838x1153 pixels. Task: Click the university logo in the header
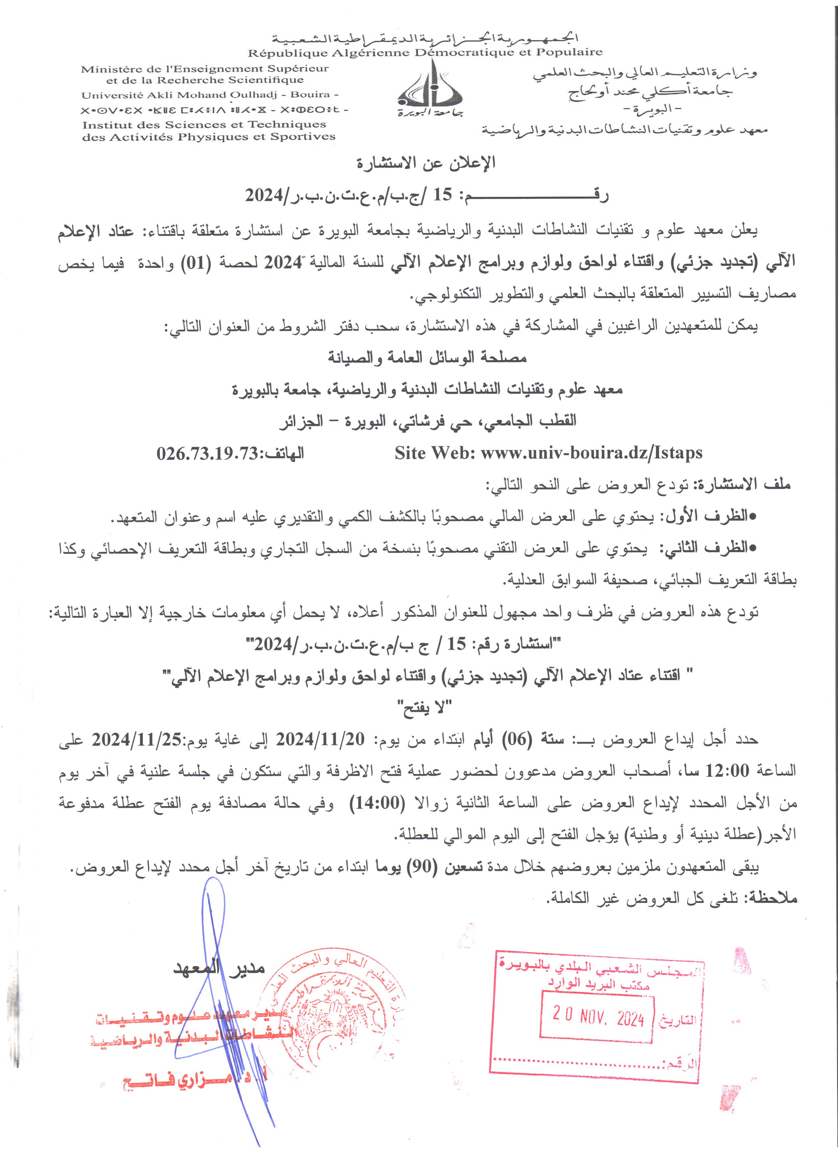pos(430,89)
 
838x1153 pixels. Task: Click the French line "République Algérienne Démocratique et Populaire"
pos(425,52)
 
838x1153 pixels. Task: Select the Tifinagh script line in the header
pos(213,110)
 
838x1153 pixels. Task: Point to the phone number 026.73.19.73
pos(207,453)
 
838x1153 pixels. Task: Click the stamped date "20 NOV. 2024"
pos(598,1017)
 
